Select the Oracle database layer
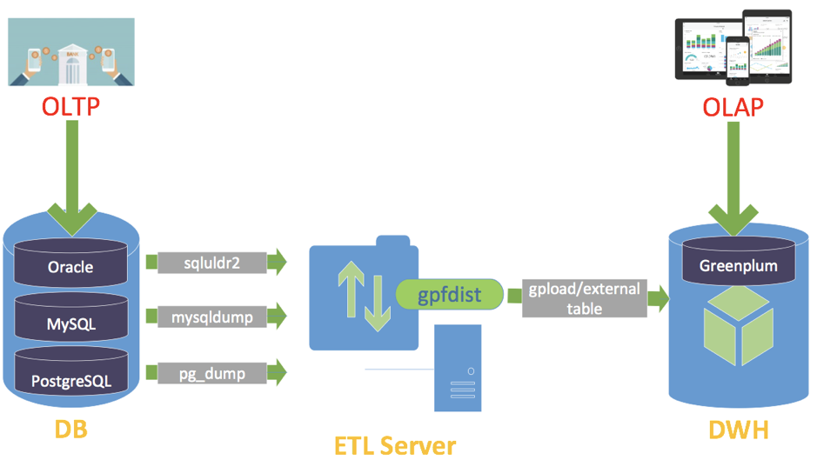point(70,266)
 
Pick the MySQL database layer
point(70,323)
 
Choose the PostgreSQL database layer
point(70,380)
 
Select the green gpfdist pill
point(450,294)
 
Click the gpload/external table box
point(585,297)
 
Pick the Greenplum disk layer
point(739,265)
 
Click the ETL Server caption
point(394,445)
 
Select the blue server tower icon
point(458,367)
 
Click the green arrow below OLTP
point(71,183)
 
